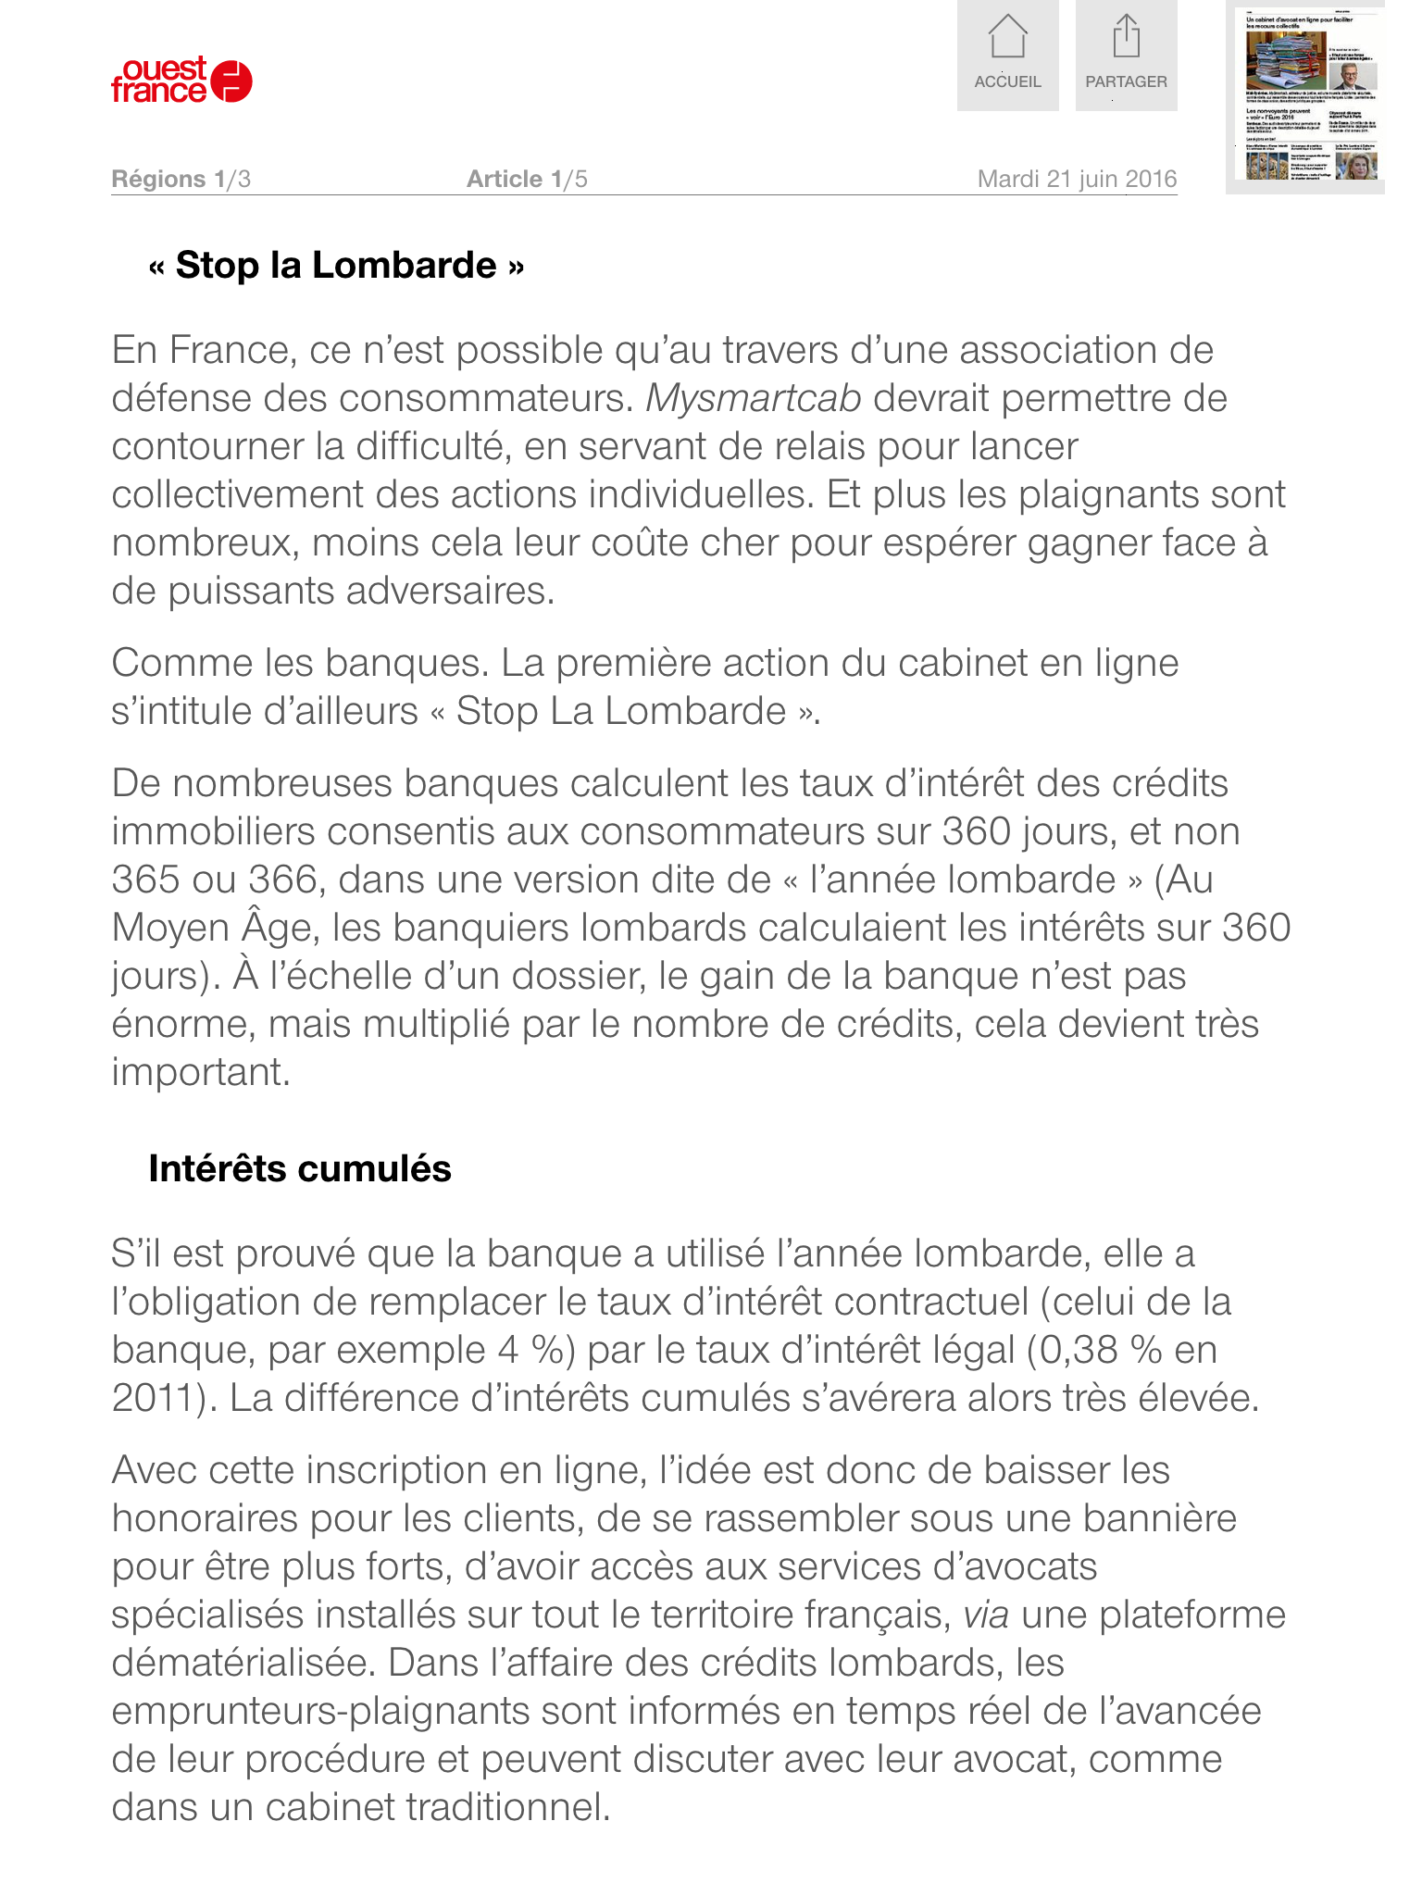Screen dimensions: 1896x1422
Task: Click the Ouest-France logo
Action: pyautogui.click(x=181, y=81)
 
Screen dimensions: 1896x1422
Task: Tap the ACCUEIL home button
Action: pyautogui.click(x=1007, y=56)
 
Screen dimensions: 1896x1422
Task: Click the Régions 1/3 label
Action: pyautogui.click(x=181, y=179)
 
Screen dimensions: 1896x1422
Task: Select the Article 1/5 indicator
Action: pyautogui.click(x=527, y=179)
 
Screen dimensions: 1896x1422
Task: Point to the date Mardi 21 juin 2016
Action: pyautogui.click(x=1077, y=179)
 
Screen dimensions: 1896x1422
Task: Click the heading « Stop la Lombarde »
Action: pyautogui.click(x=336, y=266)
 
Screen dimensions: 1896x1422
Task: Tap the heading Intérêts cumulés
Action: pyautogui.click(x=300, y=1168)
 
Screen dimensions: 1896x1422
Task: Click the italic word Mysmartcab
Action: pyautogui.click(x=754, y=398)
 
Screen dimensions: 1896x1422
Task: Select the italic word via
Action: pyautogui.click(x=986, y=1615)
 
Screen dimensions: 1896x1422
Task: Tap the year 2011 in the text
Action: pyautogui.click(x=154, y=1398)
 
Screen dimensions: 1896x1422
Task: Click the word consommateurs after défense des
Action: pyautogui.click(x=481, y=398)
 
